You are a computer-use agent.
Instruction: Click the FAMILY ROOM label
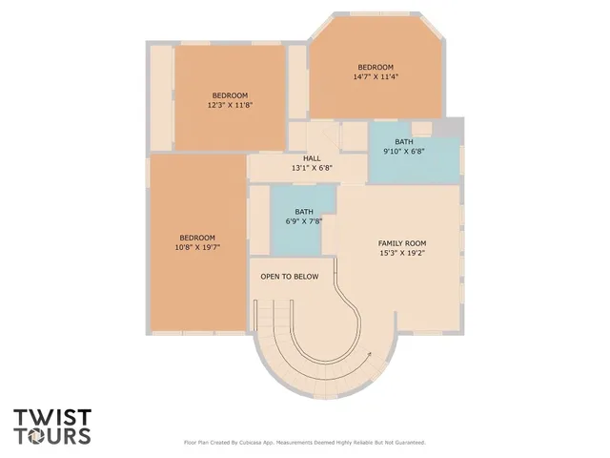pyautogui.click(x=401, y=243)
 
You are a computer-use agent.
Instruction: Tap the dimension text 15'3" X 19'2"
pyautogui.click(x=401, y=254)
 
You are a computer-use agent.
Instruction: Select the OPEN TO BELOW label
pyautogui.click(x=290, y=277)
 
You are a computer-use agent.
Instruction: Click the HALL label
pyautogui.click(x=312, y=158)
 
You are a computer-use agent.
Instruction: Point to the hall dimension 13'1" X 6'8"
pyautogui.click(x=312, y=169)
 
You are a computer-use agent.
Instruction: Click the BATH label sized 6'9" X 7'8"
pyautogui.click(x=304, y=212)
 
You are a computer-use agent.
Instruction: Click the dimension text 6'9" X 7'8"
pyautogui.click(x=304, y=221)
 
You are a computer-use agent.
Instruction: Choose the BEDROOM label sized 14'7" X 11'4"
pyautogui.click(x=376, y=67)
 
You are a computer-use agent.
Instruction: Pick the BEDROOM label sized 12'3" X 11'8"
pyautogui.click(x=230, y=95)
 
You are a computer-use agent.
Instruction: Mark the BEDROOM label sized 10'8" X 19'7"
pyautogui.click(x=197, y=238)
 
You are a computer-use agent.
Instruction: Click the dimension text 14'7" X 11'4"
pyautogui.click(x=376, y=76)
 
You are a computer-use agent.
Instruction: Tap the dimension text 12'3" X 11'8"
pyautogui.click(x=230, y=105)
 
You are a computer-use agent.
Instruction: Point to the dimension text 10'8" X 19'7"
pyautogui.click(x=197, y=247)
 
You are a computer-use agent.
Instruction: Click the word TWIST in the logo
pyautogui.click(x=52, y=417)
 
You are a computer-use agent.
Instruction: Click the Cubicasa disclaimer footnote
pyautogui.click(x=304, y=443)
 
